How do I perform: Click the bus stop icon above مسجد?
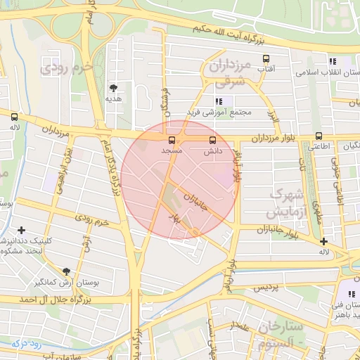click(172, 140)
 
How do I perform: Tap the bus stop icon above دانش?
click(213, 140)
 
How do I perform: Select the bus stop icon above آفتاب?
click(266, 59)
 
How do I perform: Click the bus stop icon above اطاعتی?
click(319, 136)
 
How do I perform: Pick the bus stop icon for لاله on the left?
click(15, 117)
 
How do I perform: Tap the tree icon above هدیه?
click(113, 88)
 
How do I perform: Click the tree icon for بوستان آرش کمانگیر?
click(67, 271)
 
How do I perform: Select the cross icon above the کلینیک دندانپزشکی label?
click(22, 230)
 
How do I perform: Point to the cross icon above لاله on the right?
click(323, 241)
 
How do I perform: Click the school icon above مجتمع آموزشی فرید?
click(219, 102)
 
